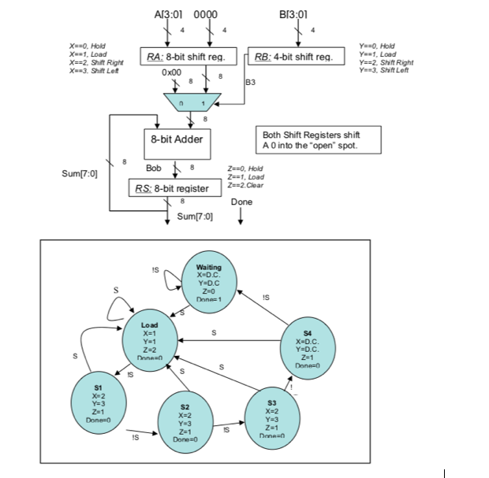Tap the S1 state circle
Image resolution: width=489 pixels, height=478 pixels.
point(98,402)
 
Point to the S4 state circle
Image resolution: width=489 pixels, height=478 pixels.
point(308,347)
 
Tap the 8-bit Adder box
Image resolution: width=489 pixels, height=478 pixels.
point(177,139)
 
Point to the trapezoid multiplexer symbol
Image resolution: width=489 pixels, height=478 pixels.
point(193,102)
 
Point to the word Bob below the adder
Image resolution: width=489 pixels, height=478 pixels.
point(154,169)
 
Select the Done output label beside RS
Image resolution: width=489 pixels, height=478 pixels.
point(241,202)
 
